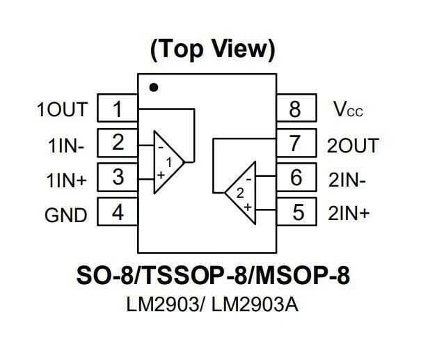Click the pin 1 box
(x=117, y=109)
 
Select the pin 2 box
(x=117, y=143)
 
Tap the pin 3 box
(x=117, y=177)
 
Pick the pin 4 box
(x=117, y=212)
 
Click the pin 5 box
(x=297, y=212)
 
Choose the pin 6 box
(x=297, y=178)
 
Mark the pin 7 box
(x=297, y=143)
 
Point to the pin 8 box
(x=297, y=109)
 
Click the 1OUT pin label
(x=63, y=110)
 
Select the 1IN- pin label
(x=66, y=146)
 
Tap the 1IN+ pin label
(x=67, y=180)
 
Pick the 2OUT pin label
(x=353, y=146)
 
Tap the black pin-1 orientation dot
(x=154, y=88)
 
